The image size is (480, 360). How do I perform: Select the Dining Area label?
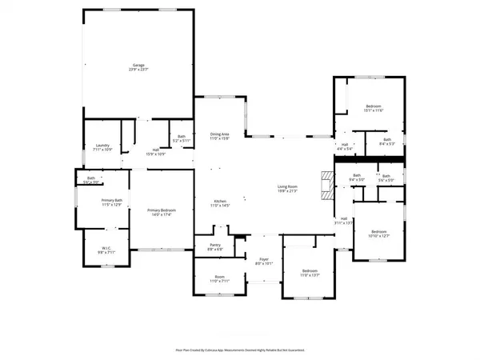(x=220, y=136)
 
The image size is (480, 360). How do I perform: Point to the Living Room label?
(x=287, y=188)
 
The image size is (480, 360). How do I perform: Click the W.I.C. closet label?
(x=106, y=250)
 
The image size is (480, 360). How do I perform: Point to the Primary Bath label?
(x=111, y=202)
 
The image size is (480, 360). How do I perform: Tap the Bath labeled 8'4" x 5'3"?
(x=387, y=142)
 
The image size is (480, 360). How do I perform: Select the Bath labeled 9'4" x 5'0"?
(x=358, y=177)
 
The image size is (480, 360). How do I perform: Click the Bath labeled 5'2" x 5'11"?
(x=182, y=138)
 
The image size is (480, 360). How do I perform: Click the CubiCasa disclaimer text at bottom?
(x=239, y=350)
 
